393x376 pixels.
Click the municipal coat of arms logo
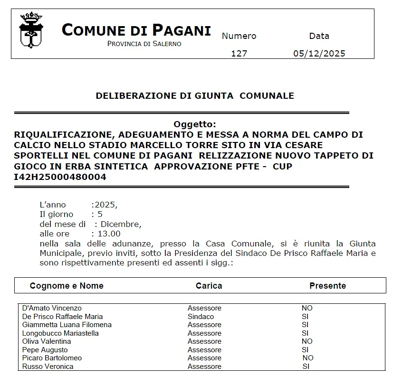(31, 30)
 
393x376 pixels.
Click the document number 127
(239, 53)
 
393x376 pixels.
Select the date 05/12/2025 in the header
(319, 53)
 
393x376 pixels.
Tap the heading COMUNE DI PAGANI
(136, 30)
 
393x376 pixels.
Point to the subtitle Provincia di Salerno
(144, 44)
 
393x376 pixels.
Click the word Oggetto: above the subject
(195, 124)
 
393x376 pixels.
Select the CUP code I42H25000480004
(60, 177)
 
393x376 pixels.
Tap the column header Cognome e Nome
(67, 285)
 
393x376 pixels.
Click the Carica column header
(209, 285)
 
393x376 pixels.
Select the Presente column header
(327, 285)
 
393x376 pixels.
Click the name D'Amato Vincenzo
(52, 308)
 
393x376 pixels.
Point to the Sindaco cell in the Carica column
(201, 316)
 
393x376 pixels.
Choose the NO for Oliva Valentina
(307, 341)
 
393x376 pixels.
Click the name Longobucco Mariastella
(60, 333)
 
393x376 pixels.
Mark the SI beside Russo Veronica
(306, 367)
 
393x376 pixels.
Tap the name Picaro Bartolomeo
(52, 358)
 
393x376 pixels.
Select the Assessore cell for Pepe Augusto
(204, 350)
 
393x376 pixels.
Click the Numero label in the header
(239, 36)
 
